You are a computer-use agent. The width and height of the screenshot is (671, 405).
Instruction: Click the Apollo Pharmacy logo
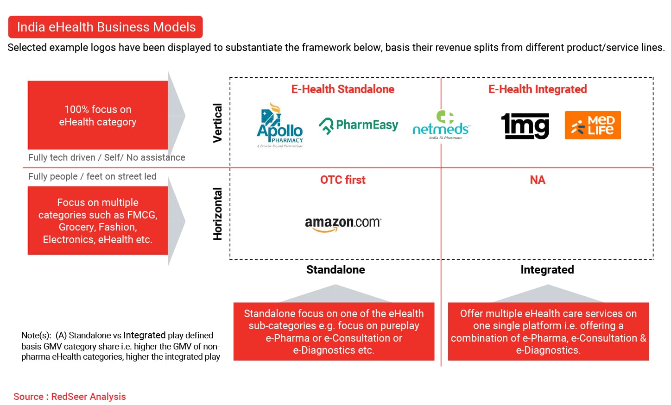tap(280, 125)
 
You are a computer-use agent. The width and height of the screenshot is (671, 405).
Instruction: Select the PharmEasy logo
tap(358, 125)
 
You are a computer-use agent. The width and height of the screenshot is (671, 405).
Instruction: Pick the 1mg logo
tap(525, 125)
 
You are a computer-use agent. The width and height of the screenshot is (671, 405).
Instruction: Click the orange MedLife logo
tap(593, 125)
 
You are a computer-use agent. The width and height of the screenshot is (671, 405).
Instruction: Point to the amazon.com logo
tap(343, 224)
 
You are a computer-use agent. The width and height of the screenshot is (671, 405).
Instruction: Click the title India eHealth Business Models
tap(106, 27)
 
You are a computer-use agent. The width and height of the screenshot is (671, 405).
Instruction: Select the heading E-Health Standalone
tap(343, 89)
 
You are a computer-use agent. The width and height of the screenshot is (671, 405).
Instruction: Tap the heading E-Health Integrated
tap(538, 89)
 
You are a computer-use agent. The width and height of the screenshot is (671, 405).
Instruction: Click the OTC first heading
tap(343, 180)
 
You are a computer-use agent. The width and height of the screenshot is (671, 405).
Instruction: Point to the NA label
tap(538, 180)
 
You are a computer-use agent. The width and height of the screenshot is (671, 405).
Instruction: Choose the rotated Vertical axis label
tap(217, 123)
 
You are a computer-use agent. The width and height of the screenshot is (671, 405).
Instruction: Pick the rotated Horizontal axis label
tap(217, 214)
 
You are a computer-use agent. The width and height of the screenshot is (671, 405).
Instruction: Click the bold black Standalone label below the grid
tap(335, 269)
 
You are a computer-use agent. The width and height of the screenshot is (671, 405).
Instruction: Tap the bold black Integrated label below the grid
tap(547, 270)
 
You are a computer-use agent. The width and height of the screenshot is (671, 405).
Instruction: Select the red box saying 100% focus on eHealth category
tap(98, 115)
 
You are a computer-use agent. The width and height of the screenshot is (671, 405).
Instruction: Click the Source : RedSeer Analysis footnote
tap(70, 396)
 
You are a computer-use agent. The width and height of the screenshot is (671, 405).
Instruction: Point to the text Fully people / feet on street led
tap(92, 176)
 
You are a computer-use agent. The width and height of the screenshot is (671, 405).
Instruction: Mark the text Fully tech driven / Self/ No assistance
tap(107, 157)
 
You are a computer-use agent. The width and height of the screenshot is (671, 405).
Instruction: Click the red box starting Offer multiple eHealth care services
tap(549, 331)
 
